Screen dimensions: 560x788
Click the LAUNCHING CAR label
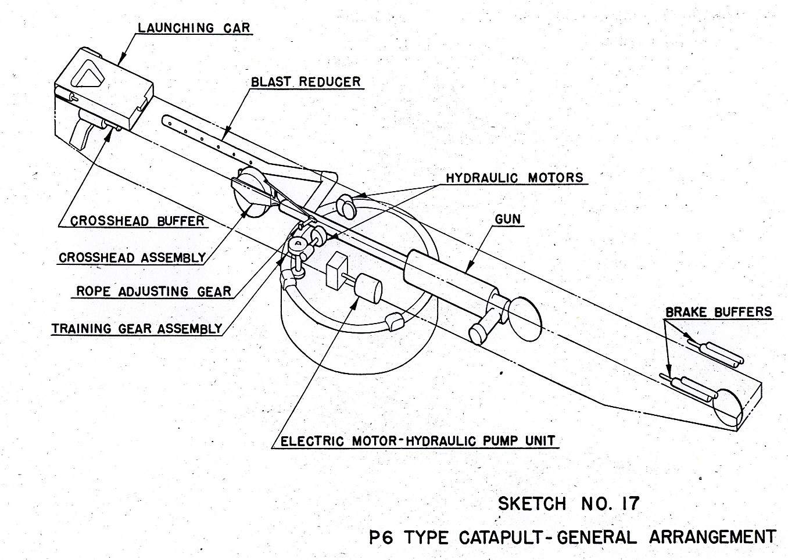194,28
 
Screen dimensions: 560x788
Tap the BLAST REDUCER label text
306,82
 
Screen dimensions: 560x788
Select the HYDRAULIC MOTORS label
514,178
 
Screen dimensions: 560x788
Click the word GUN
507,220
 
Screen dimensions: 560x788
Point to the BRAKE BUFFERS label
718,313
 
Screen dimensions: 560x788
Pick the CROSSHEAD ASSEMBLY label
132,257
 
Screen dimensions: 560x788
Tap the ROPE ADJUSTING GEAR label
154,292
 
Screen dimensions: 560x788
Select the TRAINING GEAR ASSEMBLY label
137,329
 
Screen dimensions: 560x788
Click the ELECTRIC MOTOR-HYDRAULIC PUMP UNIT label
417,441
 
